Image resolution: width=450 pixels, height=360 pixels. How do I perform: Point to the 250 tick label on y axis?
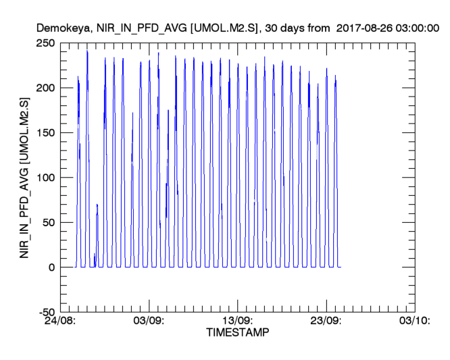click(x=46, y=43)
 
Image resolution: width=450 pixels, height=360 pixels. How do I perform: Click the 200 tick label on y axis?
click(x=46, y=88)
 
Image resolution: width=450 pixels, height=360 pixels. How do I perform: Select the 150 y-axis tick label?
click(x=46, y=133)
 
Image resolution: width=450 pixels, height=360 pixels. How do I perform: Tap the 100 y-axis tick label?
click(x=46, y=178)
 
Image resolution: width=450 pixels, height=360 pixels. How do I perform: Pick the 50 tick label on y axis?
click(x=49, y=222)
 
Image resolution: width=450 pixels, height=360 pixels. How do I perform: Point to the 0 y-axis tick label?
click(x=51, y=267)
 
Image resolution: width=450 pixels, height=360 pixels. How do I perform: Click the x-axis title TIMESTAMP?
click(x=237, y=333)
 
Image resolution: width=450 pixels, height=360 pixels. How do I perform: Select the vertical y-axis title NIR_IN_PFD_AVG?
click(x=26, y=177)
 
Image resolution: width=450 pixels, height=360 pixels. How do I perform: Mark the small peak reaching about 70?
click(x=97, y=205)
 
